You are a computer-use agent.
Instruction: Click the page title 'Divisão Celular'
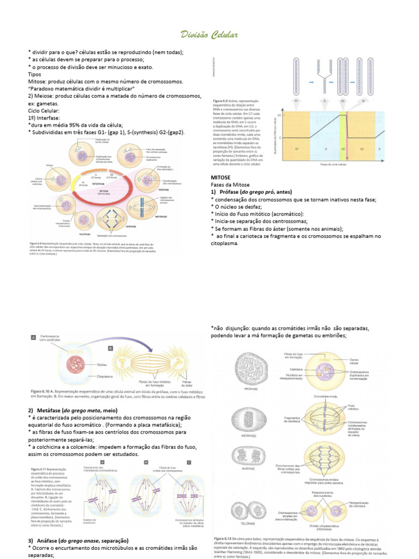pyautogui.click(x=209, y=35)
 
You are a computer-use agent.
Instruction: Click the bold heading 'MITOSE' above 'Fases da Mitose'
pyautogui.click(x=222, y=178)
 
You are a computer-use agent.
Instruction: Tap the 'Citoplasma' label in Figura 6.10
pyautogui.click(x=106, y=377)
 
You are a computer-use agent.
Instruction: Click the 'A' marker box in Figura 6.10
pyautogui.click(x=33, y=338)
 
